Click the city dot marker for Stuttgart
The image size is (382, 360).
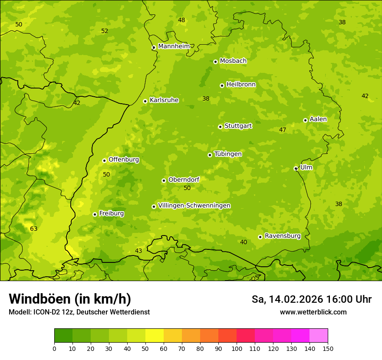pos(220,127)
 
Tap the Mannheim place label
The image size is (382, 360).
pos(174,46)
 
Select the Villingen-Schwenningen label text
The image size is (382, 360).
pos(194,206)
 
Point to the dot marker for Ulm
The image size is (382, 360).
pos(296,168)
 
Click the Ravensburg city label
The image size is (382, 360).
pos(282,236)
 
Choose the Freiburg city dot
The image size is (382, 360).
pos(95,214)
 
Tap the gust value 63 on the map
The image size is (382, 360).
pos(33,229)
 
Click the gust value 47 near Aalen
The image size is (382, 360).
pos(283,130)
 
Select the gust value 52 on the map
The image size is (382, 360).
pos(105,31)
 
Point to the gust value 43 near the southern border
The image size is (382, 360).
pos(138,251)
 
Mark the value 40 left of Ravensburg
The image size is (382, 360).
pos(244,242)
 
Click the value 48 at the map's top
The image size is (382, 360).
pos(181,20)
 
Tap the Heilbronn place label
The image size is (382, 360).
pos(241,85)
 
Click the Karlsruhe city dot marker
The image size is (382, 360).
pos(145,101)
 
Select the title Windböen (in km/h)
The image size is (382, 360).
pos(70,299)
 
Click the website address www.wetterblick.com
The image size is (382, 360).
pos(313,312)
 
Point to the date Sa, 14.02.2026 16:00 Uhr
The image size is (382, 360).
pos(311,299)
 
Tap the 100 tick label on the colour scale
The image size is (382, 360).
pos(237,348)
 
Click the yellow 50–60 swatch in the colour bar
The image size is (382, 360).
pos(155,336)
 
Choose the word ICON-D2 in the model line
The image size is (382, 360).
pos(44,312)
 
